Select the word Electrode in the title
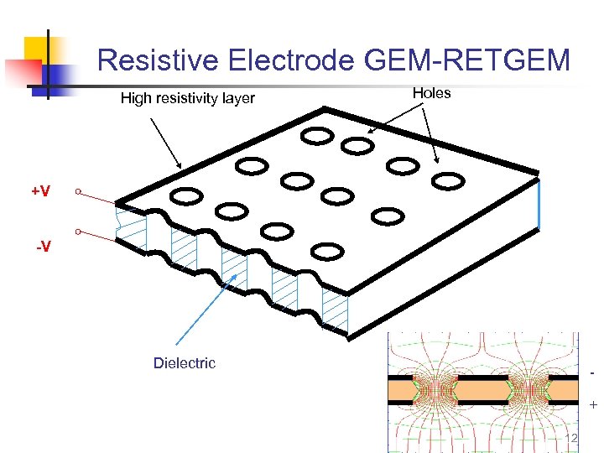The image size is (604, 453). pos(283,60)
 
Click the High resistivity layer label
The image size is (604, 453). pos(187,98)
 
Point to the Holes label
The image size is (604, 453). pos(431,93)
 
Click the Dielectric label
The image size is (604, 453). pos(184,362)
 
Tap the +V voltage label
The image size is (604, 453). pos(40,191)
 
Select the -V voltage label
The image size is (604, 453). pos(42,247)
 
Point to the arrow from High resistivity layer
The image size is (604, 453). pos(165,143)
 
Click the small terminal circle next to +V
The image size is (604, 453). pos(77,192)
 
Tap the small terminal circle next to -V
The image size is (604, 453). pos(77,231)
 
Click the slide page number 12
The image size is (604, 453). pos(574,440)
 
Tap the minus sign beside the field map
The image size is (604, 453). pos(592,371)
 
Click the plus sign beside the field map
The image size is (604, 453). pos(593,405)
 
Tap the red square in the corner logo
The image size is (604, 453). pos(20,72)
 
